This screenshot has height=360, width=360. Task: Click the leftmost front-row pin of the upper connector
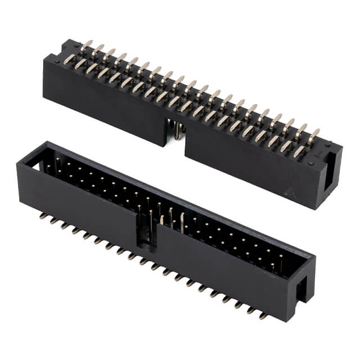(x=79, y=64)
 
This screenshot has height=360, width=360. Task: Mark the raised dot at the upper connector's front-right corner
(x=310, y=164)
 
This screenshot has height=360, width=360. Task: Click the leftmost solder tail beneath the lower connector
(x=42, y=214)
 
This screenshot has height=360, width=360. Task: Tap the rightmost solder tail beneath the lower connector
(x=264, y=315)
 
